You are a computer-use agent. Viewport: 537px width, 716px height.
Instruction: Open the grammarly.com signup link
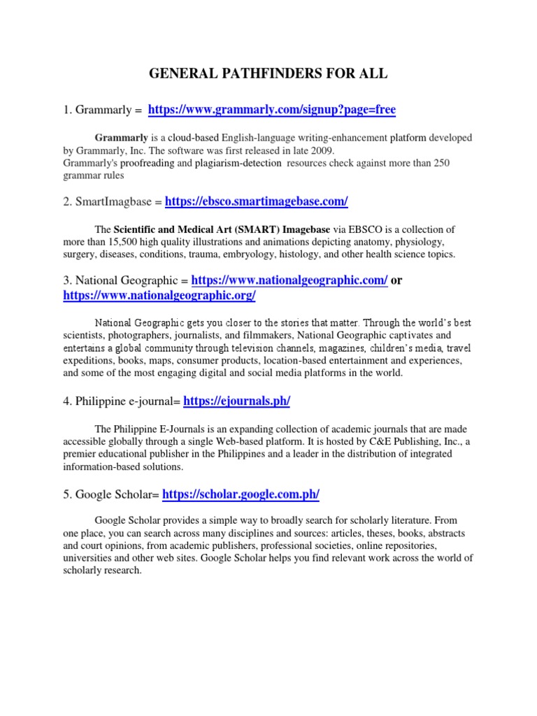(273, 110)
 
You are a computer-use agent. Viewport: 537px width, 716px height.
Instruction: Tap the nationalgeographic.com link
(289, 280)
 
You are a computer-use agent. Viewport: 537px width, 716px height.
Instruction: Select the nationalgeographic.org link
(159, 296)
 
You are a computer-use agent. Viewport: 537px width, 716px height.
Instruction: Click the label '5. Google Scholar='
(112, 494)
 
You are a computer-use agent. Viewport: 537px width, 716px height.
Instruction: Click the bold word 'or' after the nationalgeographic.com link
(397, 280)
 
